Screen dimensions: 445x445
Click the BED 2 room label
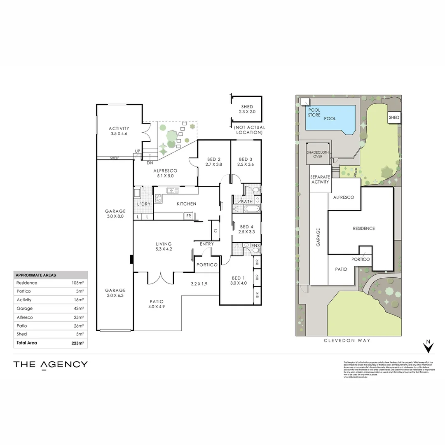click(x=214, y=159)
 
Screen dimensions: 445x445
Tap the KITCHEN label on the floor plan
click(x=186, y=204)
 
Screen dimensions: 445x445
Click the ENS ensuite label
click(x=256, y=246)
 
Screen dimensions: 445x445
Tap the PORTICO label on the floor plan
click(x=206, y=265)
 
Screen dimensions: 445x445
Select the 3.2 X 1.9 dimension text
click(x=199, y=283)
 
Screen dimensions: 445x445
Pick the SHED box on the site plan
click(x=394, y=118)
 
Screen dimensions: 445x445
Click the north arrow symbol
click(x=429, y=347)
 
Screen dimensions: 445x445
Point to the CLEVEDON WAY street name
click(x=347, y=340)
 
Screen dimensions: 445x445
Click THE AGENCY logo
click(x=50, y=364)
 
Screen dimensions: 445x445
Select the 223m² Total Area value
click(x=78, y=343)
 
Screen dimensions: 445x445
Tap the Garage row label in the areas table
click(x=24, y=308)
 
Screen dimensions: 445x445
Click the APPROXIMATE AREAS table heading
click(x=35, y=275)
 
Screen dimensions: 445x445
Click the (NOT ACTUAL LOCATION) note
click(x=249, y=130)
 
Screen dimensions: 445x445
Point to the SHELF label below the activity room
click(x=114, y=158)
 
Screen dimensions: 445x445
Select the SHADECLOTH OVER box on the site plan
click(x=318, y=154)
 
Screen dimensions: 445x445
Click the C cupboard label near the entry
click(x=215, y=231)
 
